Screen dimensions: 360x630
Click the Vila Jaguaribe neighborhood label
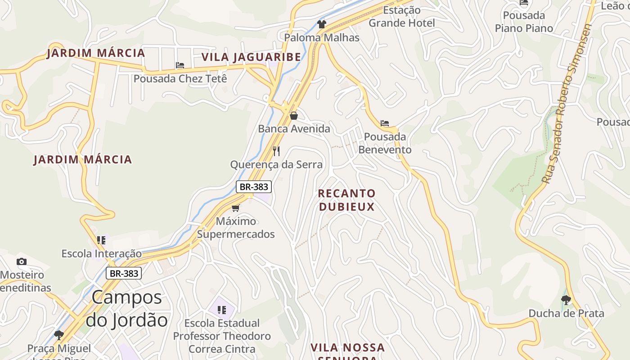click(x=251, y=57)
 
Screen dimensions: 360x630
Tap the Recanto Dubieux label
click(x=346, y=200)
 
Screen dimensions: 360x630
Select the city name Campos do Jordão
click(x=127, y=309)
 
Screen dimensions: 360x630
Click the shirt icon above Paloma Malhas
click(x=321, y=24)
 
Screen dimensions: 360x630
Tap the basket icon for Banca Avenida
click(x=294, y=116)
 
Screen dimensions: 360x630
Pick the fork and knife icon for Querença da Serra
click(x=276, y=151)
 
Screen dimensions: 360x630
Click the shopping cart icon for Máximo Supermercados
click(x=235, y=208)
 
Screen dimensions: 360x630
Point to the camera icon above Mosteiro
click(x=21, y=262)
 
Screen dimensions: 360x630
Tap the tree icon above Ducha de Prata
click(x=566, y=300)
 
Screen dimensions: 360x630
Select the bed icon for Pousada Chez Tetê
click(x=180, y=66)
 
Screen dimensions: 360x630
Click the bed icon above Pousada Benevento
click(x=385, y=123)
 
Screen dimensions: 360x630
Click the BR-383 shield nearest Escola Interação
click(x=124, y=273)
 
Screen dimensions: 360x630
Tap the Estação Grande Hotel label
click(x=402, y=17)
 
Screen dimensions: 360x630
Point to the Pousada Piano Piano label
click(x=524, y=22)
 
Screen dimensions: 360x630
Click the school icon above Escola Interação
click(x=101, y=240)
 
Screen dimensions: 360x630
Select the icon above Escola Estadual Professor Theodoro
click(x=221, y=310)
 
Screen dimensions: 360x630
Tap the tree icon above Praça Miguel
click(x=58, y=335)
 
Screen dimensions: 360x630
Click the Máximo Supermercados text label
click(x=236, y=228)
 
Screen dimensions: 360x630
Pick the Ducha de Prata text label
click(x=566, y=313)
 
